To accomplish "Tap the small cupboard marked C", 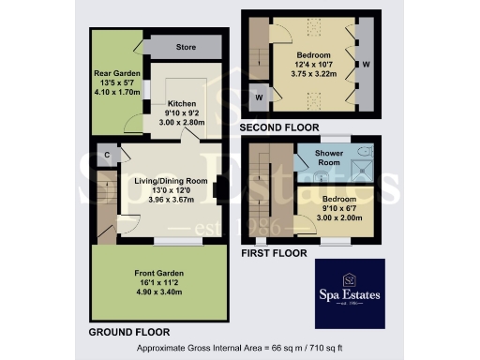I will tap(108, 154).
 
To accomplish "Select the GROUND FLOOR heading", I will tap(128, 332).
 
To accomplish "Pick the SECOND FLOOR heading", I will tap(279, 127).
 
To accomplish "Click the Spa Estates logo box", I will tap(349, 293).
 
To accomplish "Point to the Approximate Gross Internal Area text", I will tap(240, 349).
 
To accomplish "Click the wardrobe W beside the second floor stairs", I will tap(257, 95).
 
